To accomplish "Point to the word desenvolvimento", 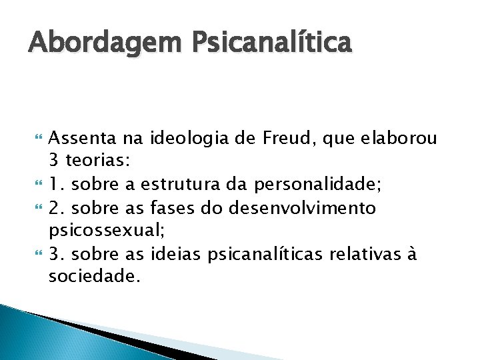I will [302, 209].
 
